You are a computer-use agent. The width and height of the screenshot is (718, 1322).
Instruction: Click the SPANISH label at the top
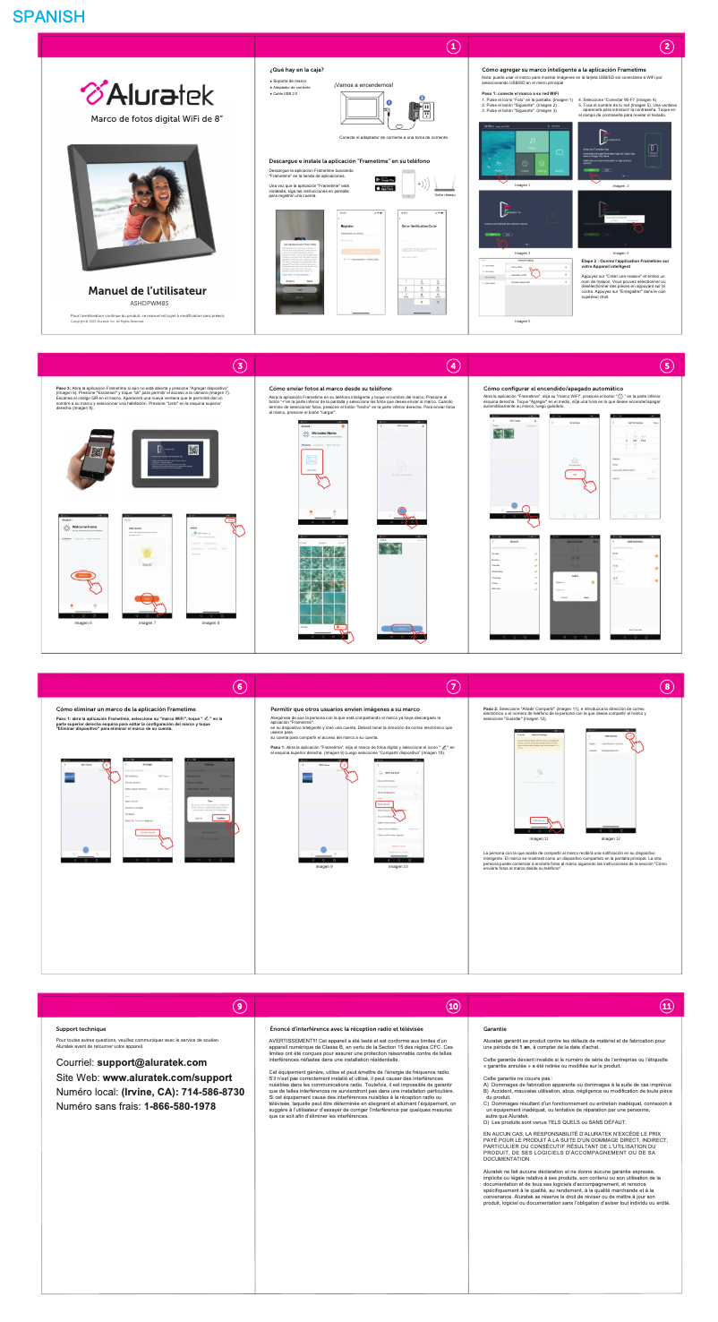pos(49,16)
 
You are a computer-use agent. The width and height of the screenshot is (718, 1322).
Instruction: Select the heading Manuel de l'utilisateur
pos(147,291)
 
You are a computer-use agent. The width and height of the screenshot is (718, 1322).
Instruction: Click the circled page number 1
pos(454,47)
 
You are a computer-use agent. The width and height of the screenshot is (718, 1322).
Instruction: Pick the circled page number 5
pos(666,365)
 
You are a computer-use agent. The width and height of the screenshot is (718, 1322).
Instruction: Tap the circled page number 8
pos(666,686)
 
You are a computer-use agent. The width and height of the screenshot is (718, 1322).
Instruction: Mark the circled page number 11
pos(666,1006)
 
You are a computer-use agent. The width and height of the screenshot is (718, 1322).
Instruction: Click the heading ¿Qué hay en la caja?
pos(296,69)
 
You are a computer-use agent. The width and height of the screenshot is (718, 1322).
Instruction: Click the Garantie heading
pos(494,1029)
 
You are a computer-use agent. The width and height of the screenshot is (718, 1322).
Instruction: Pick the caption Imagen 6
pos(81,622)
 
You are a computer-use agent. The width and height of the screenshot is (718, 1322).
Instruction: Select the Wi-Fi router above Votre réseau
pos(444,182)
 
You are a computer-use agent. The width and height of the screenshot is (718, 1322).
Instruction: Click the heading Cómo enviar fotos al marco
pos(330,388)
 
